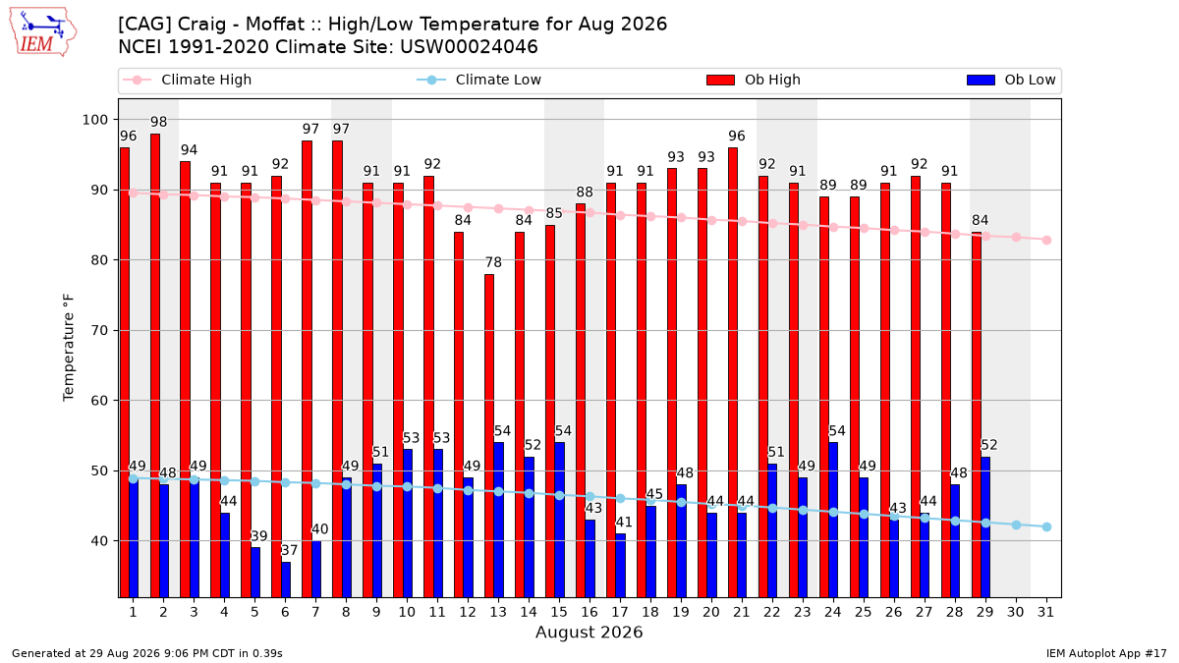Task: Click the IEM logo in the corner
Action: pyautogui.click(x=42, y=31)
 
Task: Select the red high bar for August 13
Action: pyautogui.click(x=489, y=436)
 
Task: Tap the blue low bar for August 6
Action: pyautogui.click(x=286, y=580)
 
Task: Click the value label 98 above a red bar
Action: pyautogui.click(x=158, y=122)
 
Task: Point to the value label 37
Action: pyautogui.click(x=290, y=550)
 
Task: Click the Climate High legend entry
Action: pyautogui.click(x=187, y=80)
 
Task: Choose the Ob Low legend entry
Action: pyautogui.click(x=1011, y=80)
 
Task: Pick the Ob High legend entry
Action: pyautogui.click(x=754, y=80)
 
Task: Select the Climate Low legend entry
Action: pyautogui.click(x=479, y=80)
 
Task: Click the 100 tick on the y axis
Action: pyautogui.click(x=94, y=120)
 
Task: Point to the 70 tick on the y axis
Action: pyautogui.click(x=99, y=330)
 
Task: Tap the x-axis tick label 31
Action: pyautogui.click(x=1045, y=613)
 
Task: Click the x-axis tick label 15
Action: pyautogui.click(x=559, y=613)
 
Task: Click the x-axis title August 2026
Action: pyautogui.click(x=589, y=632)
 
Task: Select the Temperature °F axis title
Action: pyautogui.click(x=69, y=348)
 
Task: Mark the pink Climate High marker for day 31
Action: pyautogui.click(x=1046, y=240)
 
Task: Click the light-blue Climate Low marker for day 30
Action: pyautogui.click(x=1016, y=525)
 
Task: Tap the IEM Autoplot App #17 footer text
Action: pyautogui.click(x=1106, y=653)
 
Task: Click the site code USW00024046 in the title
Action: pyautogui.click(x=469, y=47)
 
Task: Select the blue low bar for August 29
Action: pyautogui.click(x=984, y=526)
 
